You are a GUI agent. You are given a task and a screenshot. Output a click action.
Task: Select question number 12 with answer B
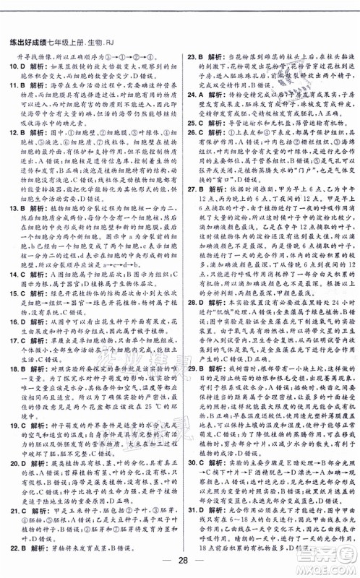tap(14, 133)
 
